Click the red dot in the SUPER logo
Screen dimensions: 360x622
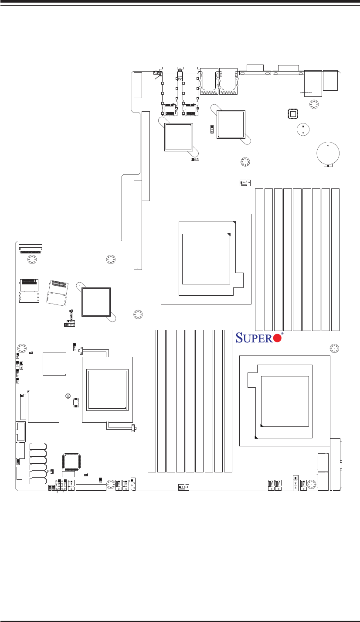coord(276,338)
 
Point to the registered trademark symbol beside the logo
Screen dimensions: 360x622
coord(282,334)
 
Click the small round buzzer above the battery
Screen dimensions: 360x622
coord(302,129)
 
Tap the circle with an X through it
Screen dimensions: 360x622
coord(68,396)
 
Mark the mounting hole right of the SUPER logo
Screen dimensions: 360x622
coord(334,348)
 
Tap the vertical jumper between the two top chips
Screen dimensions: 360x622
coord(212,130)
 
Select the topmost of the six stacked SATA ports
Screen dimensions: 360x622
coord(38,446)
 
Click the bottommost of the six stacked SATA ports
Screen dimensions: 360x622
coord(38,481)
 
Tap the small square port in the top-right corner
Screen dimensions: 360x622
coord(330,80)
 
